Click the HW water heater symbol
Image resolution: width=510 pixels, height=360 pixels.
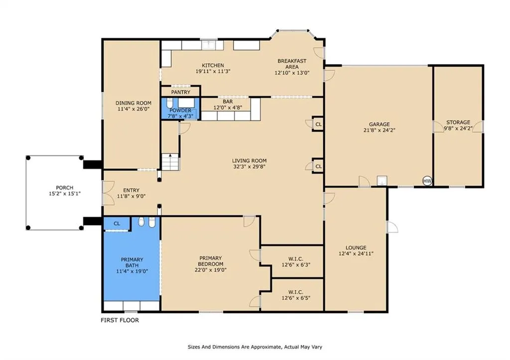pyautogui.click(x=427, y=181)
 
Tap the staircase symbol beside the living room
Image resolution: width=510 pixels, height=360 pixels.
pyautogui.click(x=170, y=162)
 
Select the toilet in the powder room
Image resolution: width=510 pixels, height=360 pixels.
pyautogui.click(x=170, y=103)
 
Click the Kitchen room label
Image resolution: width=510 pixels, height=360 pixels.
pyautogui.click(x=213, y=65)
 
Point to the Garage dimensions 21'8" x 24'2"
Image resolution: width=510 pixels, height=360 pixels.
pyautogui.click(x=379, y=130)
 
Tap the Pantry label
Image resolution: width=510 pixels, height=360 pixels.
pyautogui.click(x=180, y=92)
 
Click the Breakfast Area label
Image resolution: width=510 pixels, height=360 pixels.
pyautogui.click(x=292, y=64)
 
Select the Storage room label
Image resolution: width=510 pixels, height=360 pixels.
pyautogui.click(x=458, y=122)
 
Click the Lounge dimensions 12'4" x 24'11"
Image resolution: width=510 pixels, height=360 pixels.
pyautogui.click(x=356, y=253)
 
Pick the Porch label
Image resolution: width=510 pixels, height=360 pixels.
pyautogui.click(x=64, y=188)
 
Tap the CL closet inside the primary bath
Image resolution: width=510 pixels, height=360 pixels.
pyautogui.click(x=117, y=224)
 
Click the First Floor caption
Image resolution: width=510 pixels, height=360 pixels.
pyautogui.click(x=120, y=320)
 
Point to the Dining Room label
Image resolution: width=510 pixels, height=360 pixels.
pyautogui.click(x=133, y=103)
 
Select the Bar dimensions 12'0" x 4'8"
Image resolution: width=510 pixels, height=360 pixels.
pyautogui.click(x=228, y=108)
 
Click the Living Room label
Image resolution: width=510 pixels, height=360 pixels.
pyautogui.click(x=249, y=161)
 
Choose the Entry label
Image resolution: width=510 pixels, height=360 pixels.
pyautogui.click(x=131, y=190)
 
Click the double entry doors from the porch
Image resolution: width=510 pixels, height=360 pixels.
pyautogui.click(x=108, y=193)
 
